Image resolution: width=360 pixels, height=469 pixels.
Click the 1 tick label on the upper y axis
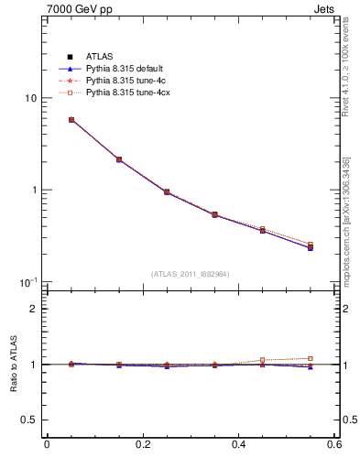coord(33,191)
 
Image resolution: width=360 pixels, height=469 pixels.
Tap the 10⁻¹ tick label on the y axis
coord(28,281)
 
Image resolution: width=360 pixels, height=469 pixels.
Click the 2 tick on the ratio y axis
coord(33,309)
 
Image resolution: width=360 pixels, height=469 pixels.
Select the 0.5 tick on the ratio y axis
coord(29,420)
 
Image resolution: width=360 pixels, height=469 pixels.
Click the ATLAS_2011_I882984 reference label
coord(191,274)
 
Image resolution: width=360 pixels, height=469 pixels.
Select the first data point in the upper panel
coord(71,120)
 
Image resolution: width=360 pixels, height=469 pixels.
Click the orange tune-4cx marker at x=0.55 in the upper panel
coord(311,245)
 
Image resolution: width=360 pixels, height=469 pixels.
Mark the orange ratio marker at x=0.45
coord(263,360)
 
